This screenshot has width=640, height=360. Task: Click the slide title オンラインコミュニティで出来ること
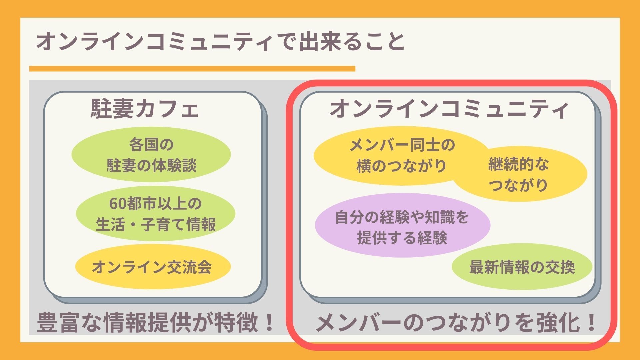point(220,42)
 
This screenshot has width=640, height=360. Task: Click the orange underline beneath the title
point(192,69)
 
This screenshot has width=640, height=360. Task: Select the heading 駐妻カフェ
point(145,109)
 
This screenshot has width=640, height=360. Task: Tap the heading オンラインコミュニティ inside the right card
point(449,109)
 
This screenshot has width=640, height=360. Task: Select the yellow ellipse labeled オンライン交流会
point(152,267)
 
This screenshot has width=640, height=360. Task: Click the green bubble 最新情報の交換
point(522,267)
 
